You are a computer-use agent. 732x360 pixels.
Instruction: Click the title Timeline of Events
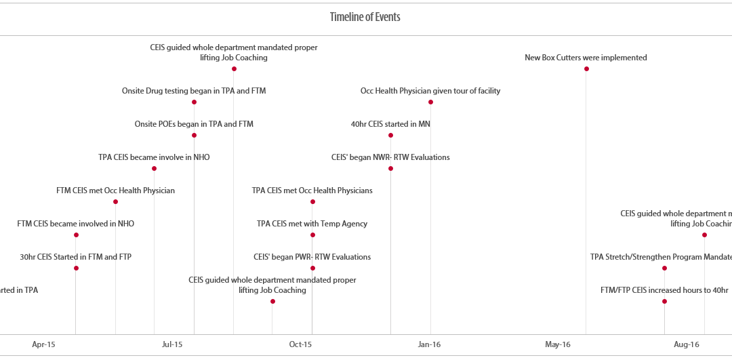click(x=365, y=18)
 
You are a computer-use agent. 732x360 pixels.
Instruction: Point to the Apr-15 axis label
click(x=43, y=344)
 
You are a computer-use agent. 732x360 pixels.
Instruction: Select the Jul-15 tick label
click(x=172, y=344)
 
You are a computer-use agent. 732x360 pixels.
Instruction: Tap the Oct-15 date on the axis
click(x=300, y=344)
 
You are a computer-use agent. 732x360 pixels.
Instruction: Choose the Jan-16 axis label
click(x=429, y=344)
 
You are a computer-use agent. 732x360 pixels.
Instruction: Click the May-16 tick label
click(x=557, y=344)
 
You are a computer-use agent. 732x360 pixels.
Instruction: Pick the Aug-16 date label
click(x=686, y=344)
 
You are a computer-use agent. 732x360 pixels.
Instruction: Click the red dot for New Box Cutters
click(x=586, y=68)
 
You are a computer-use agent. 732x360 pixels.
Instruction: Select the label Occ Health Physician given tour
click(x=430, y=91)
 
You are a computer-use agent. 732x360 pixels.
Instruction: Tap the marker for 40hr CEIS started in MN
click(x=390, y=135)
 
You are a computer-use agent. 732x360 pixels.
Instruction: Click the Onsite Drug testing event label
click(x=194, y=91)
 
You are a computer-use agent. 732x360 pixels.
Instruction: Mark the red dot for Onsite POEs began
click(x=194, y=135)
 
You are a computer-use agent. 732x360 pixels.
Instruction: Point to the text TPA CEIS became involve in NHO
click(x=154, y=157)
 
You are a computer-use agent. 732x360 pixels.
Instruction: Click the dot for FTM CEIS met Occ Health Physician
click(x=115, y=201)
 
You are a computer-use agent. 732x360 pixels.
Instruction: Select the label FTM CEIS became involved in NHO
click(x=76, y=224)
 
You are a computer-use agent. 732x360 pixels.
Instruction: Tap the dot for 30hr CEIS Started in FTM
click(x=76, y=268)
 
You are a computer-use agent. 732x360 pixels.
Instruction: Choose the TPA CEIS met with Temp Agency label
click(x=312, y=224)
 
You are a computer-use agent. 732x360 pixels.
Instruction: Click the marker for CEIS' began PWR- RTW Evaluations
click(x=312, y=268)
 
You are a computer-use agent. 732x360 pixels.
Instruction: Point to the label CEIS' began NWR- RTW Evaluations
click(x=390, y=157)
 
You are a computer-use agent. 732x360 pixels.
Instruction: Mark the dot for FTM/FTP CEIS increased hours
click(x=664, y=301)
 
